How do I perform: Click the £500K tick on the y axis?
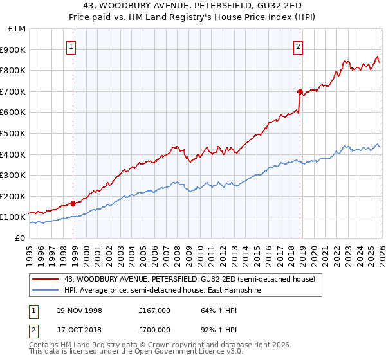(14, 133)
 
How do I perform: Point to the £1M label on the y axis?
(17, 28)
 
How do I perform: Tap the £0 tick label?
(21, 238)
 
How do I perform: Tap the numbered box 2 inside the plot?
(299, 46)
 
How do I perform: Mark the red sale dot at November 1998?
(73, 203)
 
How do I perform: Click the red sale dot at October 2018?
(300, 91)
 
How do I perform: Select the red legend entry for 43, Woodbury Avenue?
(189, 279)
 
